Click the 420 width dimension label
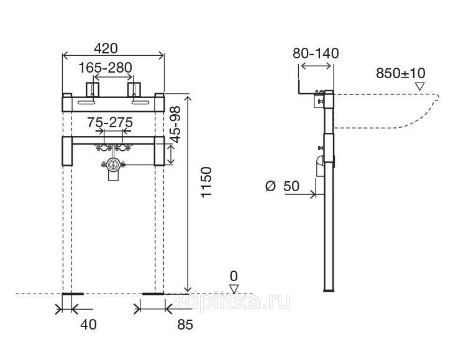(x=106, y=48)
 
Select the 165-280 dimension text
(x=105, y=68)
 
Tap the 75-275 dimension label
(x=110, y=122)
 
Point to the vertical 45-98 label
(x=176, y=125)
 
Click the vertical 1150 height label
(x=206, y=182)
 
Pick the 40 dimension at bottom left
(x=88, y=325)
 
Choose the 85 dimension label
(x=185, y=325)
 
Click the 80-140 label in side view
(x=316, y=53)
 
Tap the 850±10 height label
(x=401, y=73)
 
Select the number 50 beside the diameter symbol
(x=291, y=186)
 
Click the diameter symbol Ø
(x=270, y=186)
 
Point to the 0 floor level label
(x=234, y=276)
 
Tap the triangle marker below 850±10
(x=419, y=87)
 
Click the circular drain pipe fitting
(x=113, y=164)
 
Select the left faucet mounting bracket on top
(x=93, y=89)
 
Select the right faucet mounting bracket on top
(x=134, y=89)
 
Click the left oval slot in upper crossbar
(x=86, y=102)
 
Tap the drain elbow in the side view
(x=320, y=166)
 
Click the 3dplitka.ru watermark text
(x=232, y=301)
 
